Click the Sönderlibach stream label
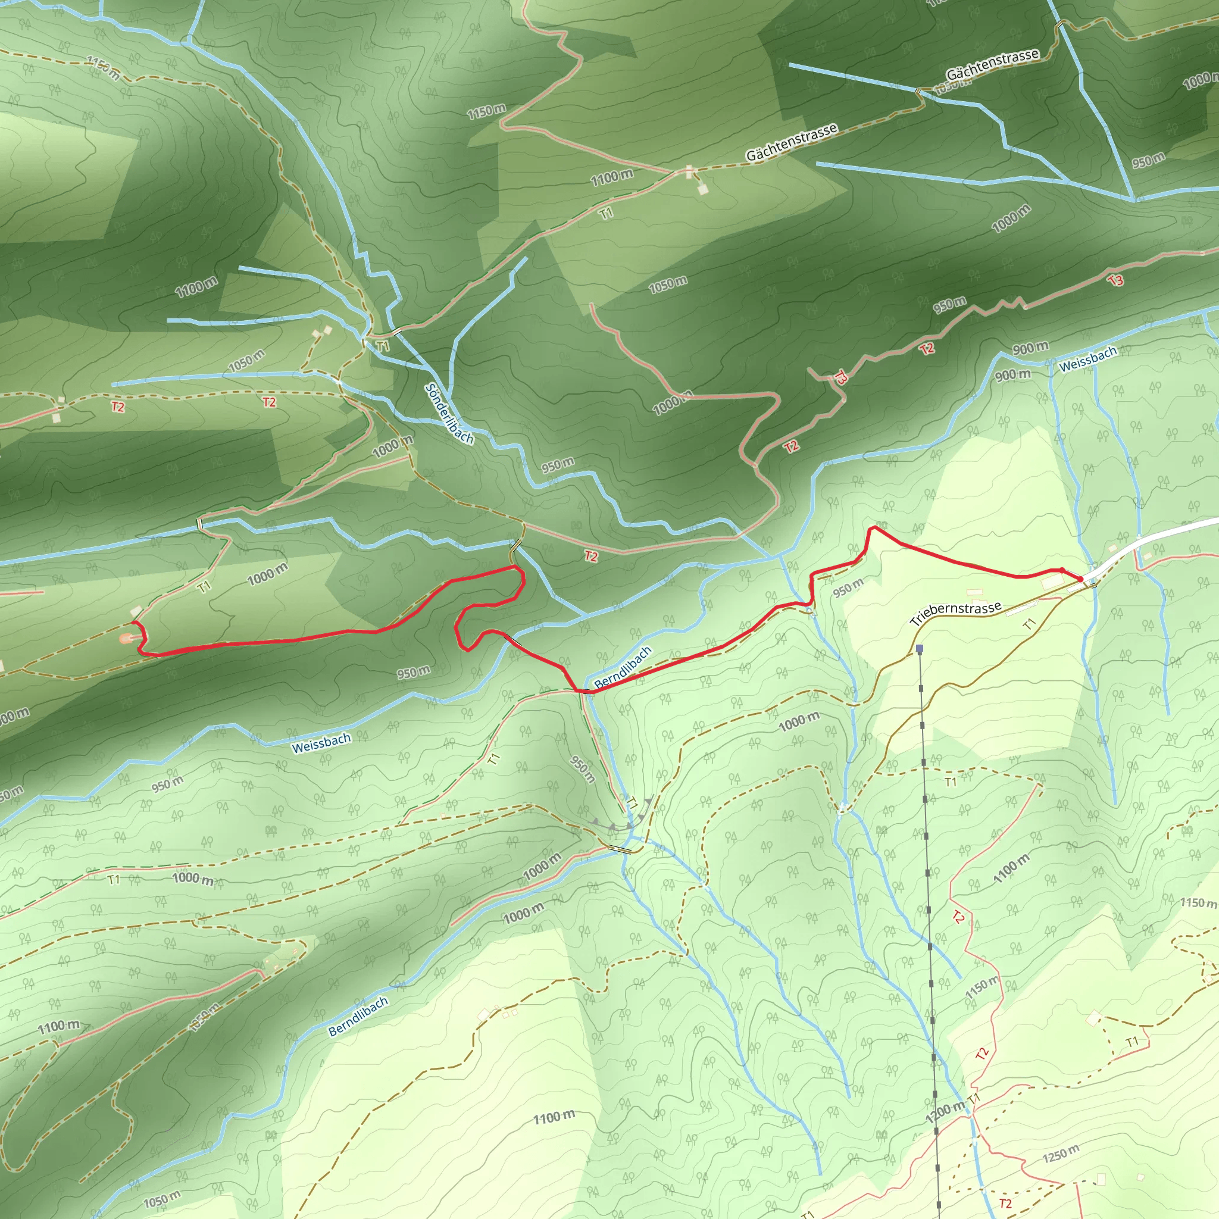point(449,414)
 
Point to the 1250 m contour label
point(1061,1154)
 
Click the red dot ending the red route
point(1080,579)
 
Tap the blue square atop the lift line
point(919,649)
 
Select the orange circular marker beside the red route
point(126,639)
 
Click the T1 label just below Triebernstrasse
point(1029,624)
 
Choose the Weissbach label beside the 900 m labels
point(1088,359)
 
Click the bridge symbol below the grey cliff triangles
point(620,850)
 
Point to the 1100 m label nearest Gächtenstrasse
point(611,178)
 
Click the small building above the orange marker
point(136,611)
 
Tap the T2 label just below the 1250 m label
point(1005,1203)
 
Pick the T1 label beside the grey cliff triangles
point(632,803)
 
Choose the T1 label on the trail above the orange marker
point(204,587)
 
